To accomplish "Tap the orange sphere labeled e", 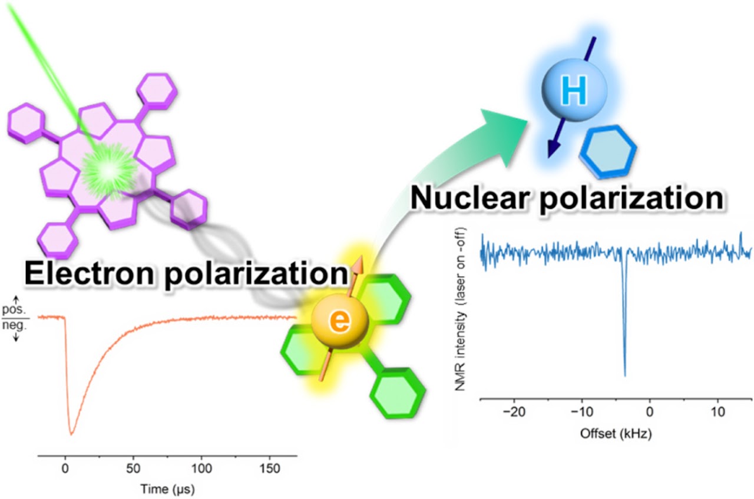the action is [340, 321].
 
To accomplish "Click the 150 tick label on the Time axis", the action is [270, 468].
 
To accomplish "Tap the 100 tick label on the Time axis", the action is [201, 468].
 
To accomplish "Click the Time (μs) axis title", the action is [167, 489].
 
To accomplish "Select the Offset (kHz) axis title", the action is [616, 434].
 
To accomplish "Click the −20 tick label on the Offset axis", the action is [514, 411].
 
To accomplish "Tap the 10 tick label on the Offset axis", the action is [718, 411].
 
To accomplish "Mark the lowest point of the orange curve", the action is [71, 434].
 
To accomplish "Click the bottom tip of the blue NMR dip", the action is [625, 375].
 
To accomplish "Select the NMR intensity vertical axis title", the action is [460, 310].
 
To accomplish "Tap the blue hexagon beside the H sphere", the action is [608, 152].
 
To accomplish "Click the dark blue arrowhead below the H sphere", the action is [553, 148].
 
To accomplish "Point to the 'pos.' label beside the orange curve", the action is [14, 310].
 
